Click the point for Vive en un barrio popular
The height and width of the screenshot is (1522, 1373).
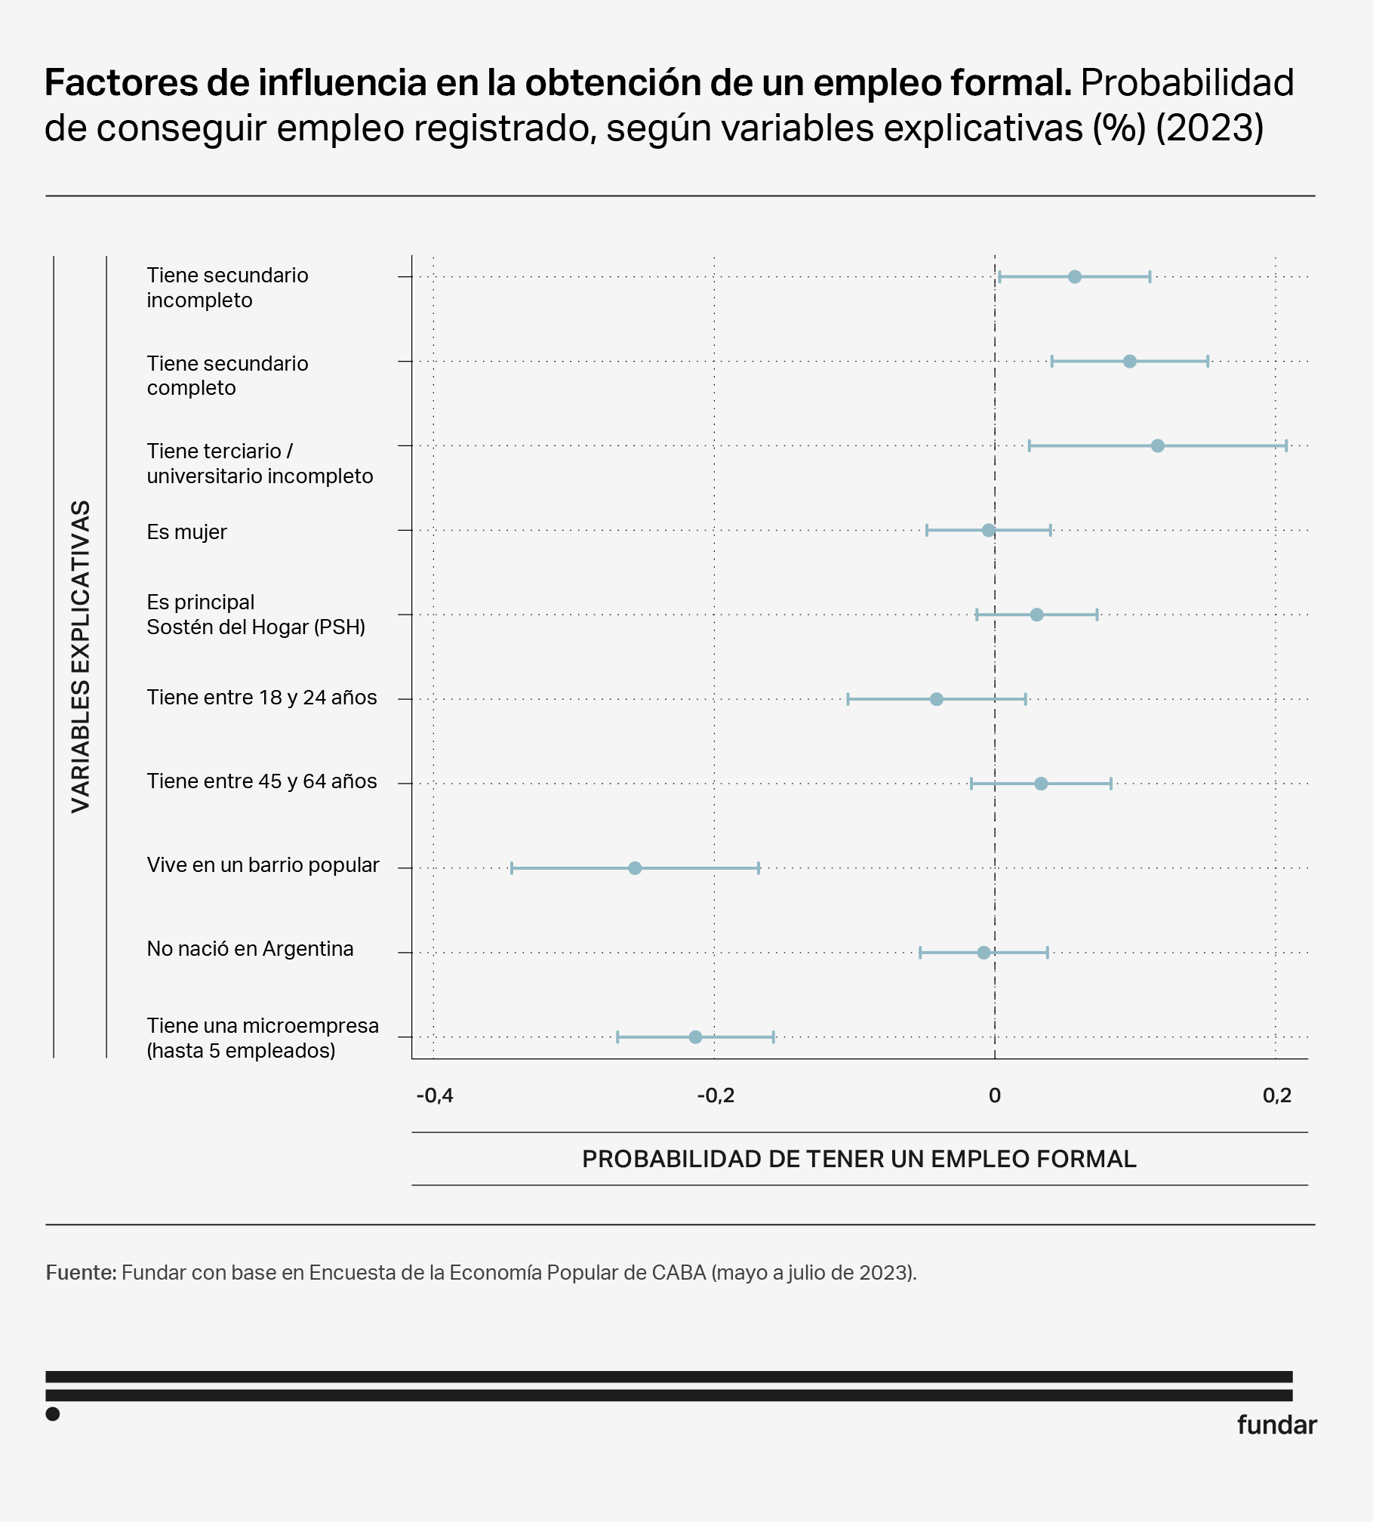[x=635, y=868]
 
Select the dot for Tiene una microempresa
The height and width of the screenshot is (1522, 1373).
[x=695, y=1037]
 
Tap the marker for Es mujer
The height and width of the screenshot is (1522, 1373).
[x=988, y=531]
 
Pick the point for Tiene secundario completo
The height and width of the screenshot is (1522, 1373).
[x=1129, y=362]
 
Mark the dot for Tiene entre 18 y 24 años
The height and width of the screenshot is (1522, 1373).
[x=936, y=699]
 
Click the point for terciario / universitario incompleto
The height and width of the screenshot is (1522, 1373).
[x=1157, y=446]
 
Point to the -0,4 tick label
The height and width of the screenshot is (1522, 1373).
[x=435, y=1095]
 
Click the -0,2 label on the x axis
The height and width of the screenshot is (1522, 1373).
[x=715, y=1095]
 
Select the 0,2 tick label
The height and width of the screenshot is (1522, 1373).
[x=1276, y=1095]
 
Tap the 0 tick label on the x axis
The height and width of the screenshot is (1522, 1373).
[x=995, y=1095]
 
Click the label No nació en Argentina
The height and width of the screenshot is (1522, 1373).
[x=250, y=949]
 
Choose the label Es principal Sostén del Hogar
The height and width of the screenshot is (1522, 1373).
[x=255, y=615]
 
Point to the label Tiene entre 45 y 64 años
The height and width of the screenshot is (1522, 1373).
[x=261, y=781]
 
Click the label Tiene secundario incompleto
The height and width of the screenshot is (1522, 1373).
[x=227, y=288]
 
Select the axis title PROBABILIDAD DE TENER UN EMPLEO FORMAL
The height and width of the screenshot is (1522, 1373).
[x=859, y=1159]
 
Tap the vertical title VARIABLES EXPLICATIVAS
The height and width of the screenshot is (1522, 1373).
[x=81, y=656]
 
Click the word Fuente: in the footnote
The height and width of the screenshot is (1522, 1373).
[x=81, y=1273]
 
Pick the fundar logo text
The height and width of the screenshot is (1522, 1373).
[x=1276, y=1425]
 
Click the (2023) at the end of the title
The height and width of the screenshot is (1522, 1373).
[x=1209, y=128]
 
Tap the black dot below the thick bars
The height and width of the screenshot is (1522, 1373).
[x=53, y=1414]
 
